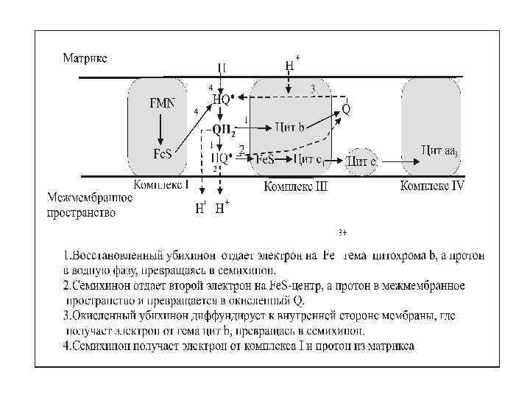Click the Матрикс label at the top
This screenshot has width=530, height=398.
pos(85,57)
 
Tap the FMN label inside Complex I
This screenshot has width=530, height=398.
pos(162,103)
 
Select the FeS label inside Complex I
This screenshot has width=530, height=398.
pos(163,155)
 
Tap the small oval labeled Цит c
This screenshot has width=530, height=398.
pos(361,161)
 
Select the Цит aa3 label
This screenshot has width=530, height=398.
pos(439,150)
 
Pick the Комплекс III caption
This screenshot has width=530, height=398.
pos(295,187)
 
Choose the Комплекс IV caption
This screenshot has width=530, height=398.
pos(432,186)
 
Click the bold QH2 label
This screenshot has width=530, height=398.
pos(224,130)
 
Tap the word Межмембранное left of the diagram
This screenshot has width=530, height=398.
pos(90,198)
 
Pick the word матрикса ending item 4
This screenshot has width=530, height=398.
pos(388,346)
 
